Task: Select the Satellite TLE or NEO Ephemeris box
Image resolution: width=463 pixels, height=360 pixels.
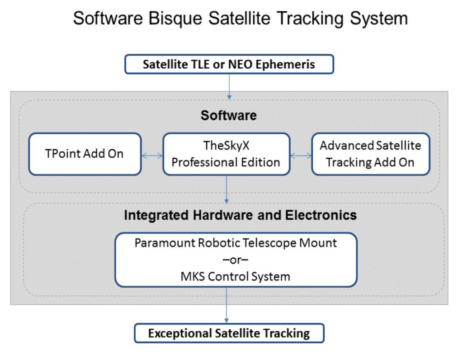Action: click(x=229, y=64)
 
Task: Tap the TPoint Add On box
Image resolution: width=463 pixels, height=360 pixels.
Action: click(x=85, y=154)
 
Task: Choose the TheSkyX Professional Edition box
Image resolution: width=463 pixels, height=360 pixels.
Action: click(x=227, y=154)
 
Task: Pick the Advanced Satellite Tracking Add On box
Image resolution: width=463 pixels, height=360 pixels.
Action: click(x=371, y=154)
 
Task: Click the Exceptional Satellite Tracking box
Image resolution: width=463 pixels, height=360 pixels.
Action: click(x=229, y=333)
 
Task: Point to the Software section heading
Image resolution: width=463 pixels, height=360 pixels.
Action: click(x=229, y=115)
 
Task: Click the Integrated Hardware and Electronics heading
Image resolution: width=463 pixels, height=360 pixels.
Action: click(x=241, y=215)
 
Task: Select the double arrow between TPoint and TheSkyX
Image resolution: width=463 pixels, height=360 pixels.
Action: click(x=152, y=156)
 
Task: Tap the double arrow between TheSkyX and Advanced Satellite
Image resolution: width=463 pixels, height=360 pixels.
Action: click(x=301, y=156)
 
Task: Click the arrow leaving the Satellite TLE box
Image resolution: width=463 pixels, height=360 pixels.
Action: click(x=229, y=87)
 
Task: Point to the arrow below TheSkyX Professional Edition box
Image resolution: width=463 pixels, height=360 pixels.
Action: click(x=227, y=189)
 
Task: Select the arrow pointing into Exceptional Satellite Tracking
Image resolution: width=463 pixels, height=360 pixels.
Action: click(x=227, y=305)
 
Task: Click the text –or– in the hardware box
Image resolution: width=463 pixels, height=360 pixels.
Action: click(x=235, y=260)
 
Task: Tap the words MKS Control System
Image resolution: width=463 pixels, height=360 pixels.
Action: click(x=235, y=277)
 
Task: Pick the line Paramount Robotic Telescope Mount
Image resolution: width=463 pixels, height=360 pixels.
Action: click(x=236, y=243)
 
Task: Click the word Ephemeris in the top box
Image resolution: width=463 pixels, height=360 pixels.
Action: click(x=285, y=64)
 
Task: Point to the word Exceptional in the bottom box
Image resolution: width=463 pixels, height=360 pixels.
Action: click(x=180, y=333)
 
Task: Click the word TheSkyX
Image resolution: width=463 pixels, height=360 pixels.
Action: click(x=227, y=146)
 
